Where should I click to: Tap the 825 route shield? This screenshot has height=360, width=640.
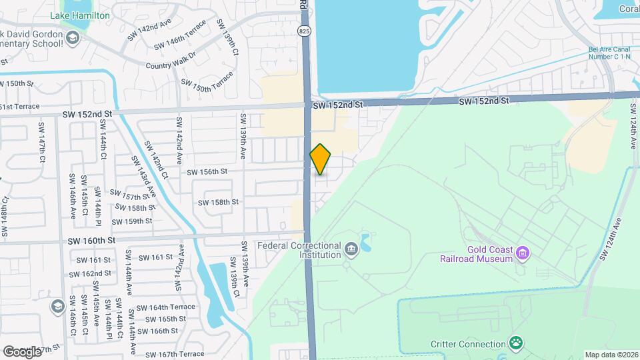click(x=304, y=31)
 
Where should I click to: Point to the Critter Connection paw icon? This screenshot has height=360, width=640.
click(x=515, y=343)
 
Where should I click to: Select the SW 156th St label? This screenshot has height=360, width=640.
click(x=207, y=171)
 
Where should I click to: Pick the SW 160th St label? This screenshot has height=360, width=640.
click(x=92, y=240)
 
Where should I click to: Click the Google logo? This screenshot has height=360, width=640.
click(x=21, y=351)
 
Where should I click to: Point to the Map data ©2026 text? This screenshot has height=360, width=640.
click(x=611, y=355)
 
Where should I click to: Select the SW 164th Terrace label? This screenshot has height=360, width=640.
click(x=166, y=307)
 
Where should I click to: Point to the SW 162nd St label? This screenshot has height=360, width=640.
click(x=93, y=273)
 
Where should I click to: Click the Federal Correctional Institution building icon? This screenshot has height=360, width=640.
click(x=351, y=250)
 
